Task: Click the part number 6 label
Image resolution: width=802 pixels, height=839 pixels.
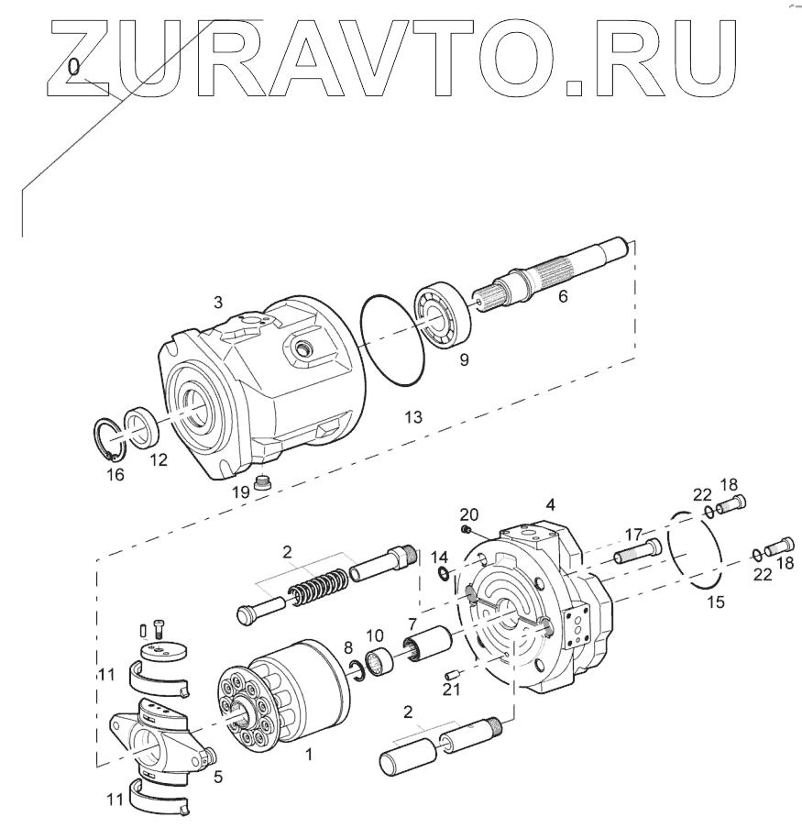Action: [x=563, y=296]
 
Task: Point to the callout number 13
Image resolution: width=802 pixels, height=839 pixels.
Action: [x=413, y=417]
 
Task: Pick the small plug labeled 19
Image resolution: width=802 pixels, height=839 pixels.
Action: [x=265, y=482]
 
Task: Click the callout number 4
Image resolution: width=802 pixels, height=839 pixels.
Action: [x=550, y=505]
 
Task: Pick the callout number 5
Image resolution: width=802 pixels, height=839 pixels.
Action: [x=218, y=777]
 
